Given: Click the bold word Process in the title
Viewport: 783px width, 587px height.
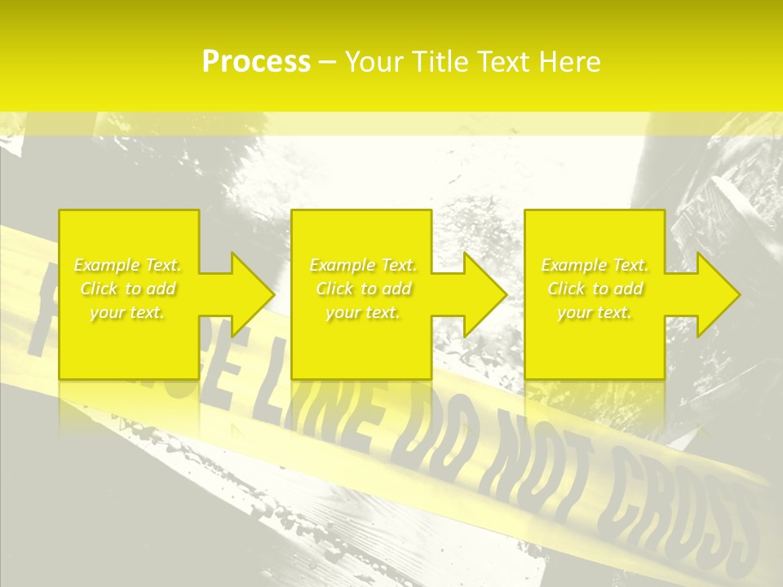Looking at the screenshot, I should [x=256, y=62].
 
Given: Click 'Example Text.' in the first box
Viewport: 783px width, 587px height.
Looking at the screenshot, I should [x=127, y=265].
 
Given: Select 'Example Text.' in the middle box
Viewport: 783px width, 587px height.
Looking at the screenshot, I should [x=363, y=265].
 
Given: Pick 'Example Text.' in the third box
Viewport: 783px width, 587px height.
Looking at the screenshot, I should [x=595, y=265].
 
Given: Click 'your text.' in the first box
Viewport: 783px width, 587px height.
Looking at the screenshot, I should [x=127, y=312].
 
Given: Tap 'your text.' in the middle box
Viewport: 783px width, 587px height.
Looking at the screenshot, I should [x=363, y=312].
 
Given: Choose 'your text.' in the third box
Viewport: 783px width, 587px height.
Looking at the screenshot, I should [x=595, y=312].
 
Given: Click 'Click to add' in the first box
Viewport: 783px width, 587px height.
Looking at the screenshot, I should [x=127, y=289].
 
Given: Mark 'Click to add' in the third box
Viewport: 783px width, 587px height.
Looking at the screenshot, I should [x=595, y=289].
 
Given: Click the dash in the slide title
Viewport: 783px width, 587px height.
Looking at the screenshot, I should [x=327, y=63].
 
